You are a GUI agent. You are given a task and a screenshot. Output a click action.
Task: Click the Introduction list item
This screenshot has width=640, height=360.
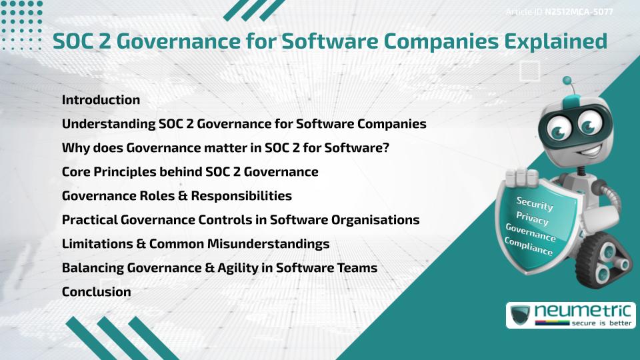tap(101, 100)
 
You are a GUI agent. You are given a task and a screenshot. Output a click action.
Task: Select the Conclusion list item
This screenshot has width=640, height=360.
tap(96, 292)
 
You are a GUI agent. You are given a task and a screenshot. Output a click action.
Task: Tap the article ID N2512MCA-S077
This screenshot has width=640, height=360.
tap(579, 12)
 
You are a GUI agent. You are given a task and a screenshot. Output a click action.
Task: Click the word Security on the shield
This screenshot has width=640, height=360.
tap(534, 205)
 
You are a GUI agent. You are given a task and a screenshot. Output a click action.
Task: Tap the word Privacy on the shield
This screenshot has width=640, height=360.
tap(531, 219)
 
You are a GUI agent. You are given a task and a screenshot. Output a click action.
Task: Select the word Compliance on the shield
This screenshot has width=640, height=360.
tap(529, 247)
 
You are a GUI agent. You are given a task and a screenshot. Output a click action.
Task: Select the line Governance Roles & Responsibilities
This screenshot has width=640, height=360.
tap(177, 196)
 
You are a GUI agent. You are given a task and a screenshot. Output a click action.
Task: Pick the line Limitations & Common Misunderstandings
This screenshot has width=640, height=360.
tap(195, 244)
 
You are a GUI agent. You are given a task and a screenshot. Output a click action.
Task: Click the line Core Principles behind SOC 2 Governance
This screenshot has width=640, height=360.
tap(190, 172)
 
